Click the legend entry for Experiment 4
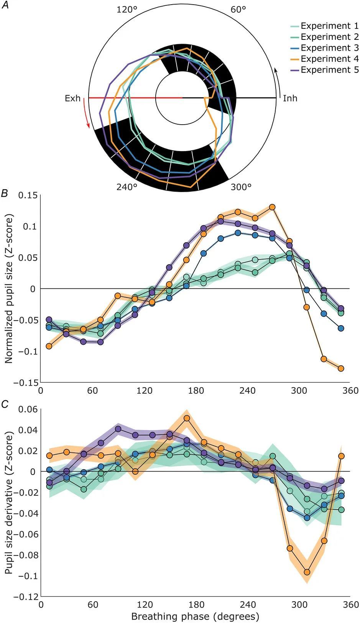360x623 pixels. pos(329,59)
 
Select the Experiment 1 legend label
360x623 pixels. pos(329,26)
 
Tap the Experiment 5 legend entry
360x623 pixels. pos(329,70)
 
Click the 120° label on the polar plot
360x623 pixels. pos(127,10)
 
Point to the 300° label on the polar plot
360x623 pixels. pos(241,187)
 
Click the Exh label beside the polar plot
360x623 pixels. pos(73,99)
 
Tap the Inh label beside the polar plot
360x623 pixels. pos(290,99)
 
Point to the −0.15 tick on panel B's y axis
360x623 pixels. pos(26,383)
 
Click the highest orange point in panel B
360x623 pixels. pos(272,207)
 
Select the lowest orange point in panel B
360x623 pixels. pos(341,368)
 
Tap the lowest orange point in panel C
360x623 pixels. pos(307,572)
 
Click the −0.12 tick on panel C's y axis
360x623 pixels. pos(26,597)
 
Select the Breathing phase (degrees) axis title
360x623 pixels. pos(195,616)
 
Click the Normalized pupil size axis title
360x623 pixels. pos(9,288)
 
